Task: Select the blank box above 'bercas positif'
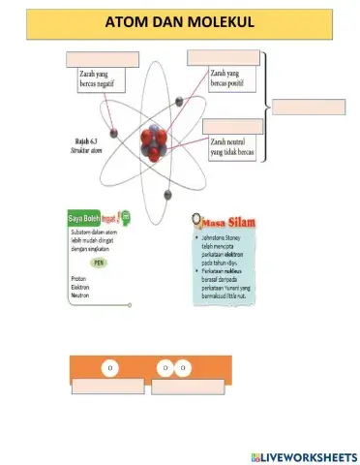pyautogui.click(x=224, y=57)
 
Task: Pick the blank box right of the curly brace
pyautogui.click(x=308, y=108)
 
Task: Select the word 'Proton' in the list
pyautogui.click(x=79, y=279)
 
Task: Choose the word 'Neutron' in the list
pyautogui.click(x=80, y=294)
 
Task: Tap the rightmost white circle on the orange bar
pyautogui.click(x=182, y=369)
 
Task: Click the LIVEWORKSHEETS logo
pyautogui.click(x=301, y=455)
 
